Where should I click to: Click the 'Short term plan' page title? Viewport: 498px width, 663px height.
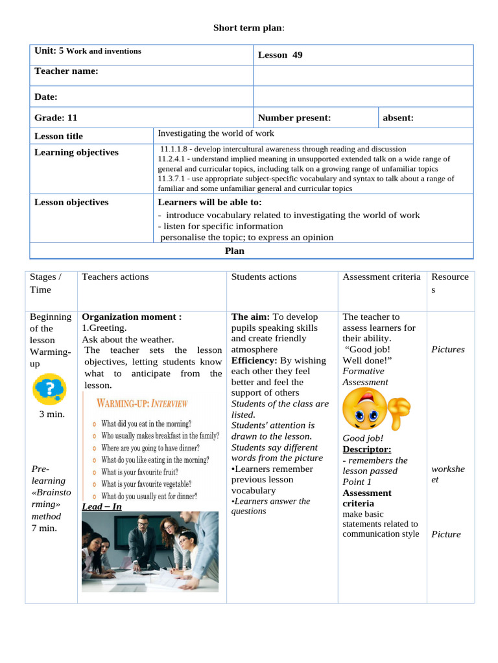249,28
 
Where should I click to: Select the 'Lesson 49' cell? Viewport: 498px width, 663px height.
280,55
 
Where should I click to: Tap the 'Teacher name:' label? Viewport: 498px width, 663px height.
66,71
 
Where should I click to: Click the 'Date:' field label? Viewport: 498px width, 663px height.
46,96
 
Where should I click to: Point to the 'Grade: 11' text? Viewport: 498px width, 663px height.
56,118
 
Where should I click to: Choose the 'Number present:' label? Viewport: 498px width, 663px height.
294,118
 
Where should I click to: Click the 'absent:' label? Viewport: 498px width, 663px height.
398,118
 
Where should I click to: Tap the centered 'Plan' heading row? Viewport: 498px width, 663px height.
235,251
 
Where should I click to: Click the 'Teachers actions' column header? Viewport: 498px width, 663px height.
115,276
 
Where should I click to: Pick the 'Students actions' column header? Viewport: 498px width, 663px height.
264,276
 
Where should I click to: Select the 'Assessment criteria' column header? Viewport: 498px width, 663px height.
381,276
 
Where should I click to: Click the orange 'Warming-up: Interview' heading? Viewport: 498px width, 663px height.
142,404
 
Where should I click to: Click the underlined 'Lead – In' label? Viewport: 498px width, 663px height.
102,506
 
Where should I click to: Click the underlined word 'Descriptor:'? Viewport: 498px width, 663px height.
367,449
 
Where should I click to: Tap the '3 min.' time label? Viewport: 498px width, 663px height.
52,414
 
